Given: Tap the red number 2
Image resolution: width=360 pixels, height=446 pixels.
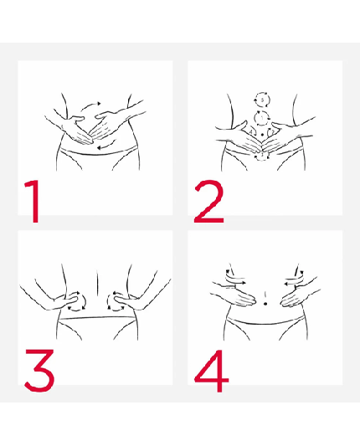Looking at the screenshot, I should [x=208, y=200].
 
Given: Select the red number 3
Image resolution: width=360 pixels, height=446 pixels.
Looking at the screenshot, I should [x=39, y=369].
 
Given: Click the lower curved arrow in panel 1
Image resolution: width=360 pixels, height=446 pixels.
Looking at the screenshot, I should [x=103, y=148].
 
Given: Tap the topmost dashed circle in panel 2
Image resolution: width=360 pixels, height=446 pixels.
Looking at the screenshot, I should [x=263, y=100].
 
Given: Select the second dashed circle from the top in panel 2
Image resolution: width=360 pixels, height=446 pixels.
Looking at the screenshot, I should [x=263, y=117].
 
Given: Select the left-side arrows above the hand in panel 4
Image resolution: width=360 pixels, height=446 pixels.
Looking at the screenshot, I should [x=235, y=277].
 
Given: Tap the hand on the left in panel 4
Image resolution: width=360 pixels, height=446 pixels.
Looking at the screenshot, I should [x=226, y=292].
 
